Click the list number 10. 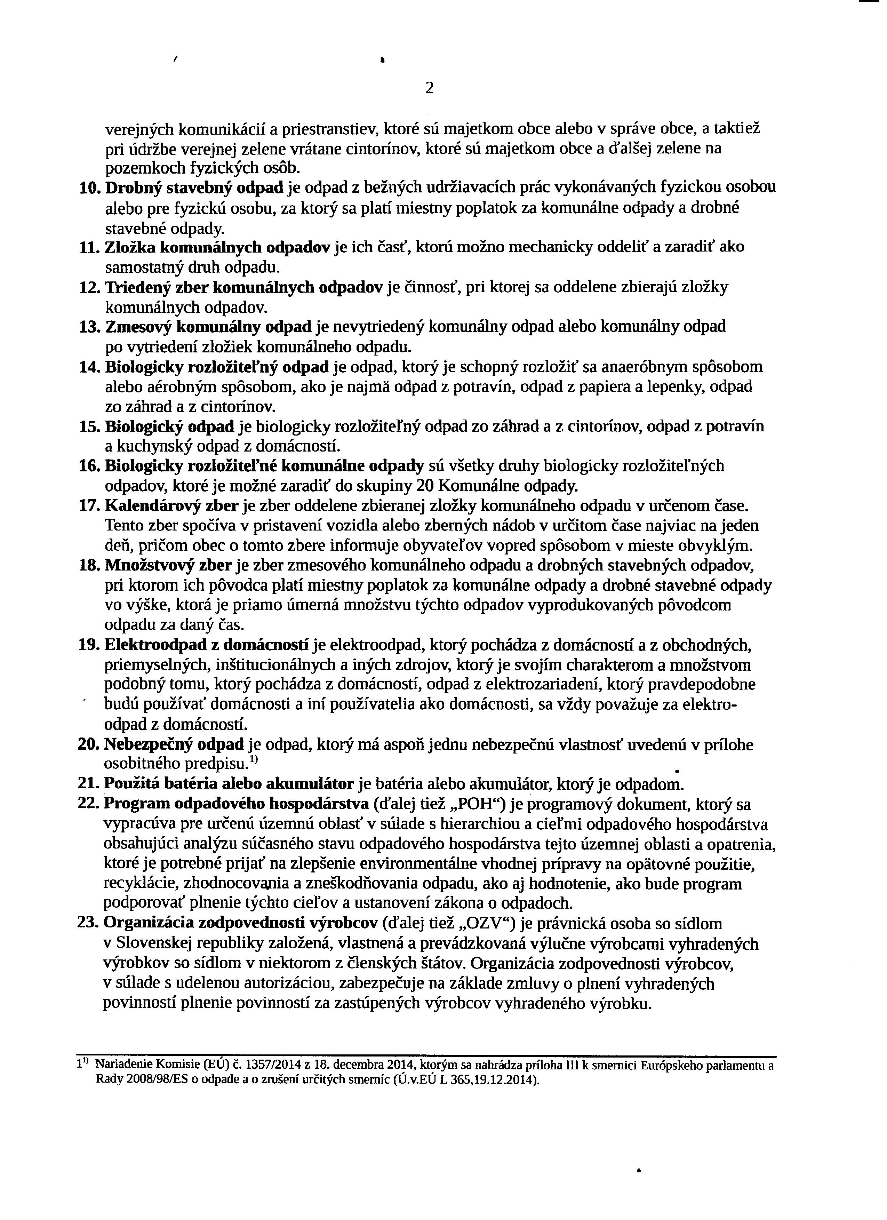[89, 188]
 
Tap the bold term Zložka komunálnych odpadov [217, 247]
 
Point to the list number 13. [89, 327]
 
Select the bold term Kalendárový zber [171, 506]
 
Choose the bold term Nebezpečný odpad [174, 745]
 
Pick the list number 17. [89, 506]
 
